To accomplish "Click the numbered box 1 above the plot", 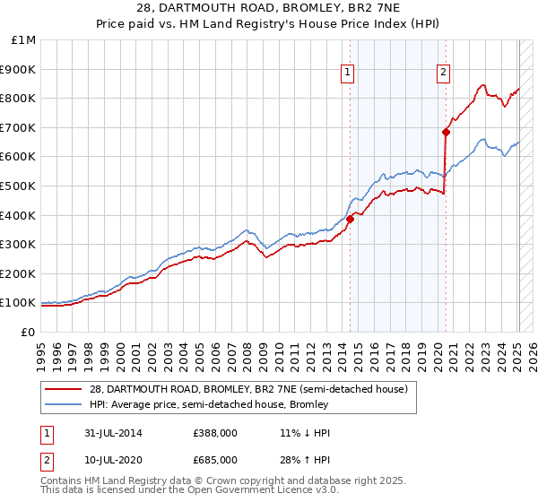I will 348,74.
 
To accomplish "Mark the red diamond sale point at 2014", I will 351,219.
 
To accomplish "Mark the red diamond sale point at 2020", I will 446,132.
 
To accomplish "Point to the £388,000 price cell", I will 215,433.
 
